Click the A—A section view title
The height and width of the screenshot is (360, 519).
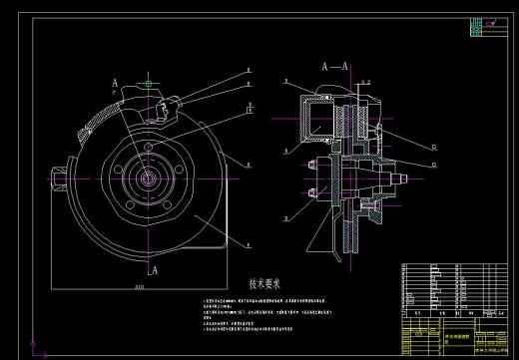[334, 66]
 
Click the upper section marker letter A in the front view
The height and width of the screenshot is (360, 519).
[116, 82]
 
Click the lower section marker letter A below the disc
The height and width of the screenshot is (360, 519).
[153, 268]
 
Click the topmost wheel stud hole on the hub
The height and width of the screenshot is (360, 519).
[149, 149]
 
